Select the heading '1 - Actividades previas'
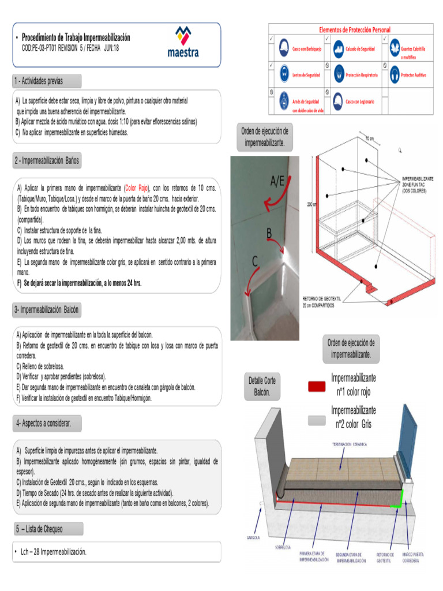(39, 81)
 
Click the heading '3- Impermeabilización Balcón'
(47, 310)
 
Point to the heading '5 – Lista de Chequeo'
(39, 529)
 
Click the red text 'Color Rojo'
(137, 188)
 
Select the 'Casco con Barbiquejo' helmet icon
(284, 48)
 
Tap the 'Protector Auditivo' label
(414, 75)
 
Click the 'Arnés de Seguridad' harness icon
(284, 102)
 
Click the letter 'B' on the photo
(269, 234)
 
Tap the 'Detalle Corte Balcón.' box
(262, 387)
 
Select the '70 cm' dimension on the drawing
(370, 139)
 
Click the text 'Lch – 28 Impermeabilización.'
(54, 552)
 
